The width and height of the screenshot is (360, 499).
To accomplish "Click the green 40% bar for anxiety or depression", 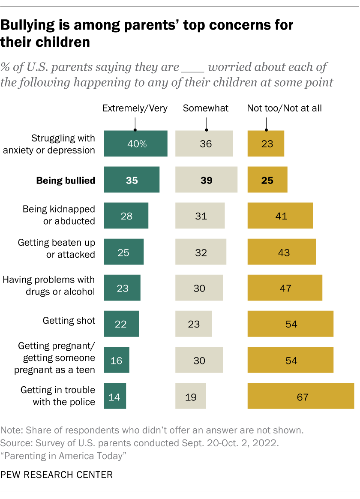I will [x=135, y=144].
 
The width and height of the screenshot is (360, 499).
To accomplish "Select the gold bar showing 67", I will [x=300, y=396].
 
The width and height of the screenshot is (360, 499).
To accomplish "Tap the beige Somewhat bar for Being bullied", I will [x=206, y=180].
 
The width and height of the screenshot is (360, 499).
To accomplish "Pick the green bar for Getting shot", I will [x=121, y=324].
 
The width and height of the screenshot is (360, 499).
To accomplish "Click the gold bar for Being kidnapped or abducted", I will [x=280, y=216].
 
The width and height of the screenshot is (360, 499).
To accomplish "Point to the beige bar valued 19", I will [x=191, y=396].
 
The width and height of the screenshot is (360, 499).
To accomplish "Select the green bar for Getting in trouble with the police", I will [x=115, y=396].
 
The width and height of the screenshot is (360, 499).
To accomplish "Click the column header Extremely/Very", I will [x=135, y=108].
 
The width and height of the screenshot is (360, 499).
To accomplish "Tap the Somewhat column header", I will [x=206, y=108].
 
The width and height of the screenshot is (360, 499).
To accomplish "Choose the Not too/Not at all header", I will [x=284, y=108].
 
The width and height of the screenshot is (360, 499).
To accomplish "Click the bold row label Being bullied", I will [x=66, y=180].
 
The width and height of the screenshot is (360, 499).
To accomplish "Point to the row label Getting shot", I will [x=69, y=320].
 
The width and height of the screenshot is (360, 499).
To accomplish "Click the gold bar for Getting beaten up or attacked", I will [x=282, y=252].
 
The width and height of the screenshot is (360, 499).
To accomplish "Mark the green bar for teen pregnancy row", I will [x=117, y=360].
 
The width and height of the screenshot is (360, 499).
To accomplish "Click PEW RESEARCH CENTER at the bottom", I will [x=57, y=475].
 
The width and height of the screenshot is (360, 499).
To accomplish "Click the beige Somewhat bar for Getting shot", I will [x=194, y=324].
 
